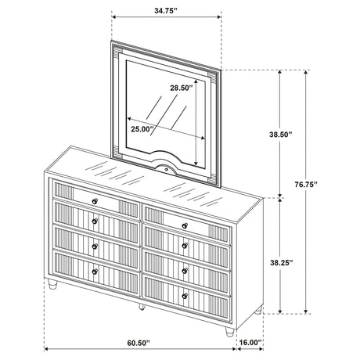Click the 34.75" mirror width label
point(166,11)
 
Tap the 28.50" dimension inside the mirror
point(182,88)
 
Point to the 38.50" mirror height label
point(280,135)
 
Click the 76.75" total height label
point(306,185)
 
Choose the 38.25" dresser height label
point(282,263)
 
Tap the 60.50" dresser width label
point(139,342)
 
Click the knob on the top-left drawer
point(95,201)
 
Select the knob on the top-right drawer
point(185,225)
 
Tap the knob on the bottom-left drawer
point(95,272)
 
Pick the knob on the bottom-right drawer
point(185,296)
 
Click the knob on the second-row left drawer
point(95,221)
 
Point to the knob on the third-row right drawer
point(185,271)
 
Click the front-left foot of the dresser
point(52,283)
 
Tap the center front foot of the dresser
point(142,307)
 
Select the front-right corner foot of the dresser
point(230,332)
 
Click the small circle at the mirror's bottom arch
point(166,170)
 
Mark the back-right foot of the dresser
point(258,310)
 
